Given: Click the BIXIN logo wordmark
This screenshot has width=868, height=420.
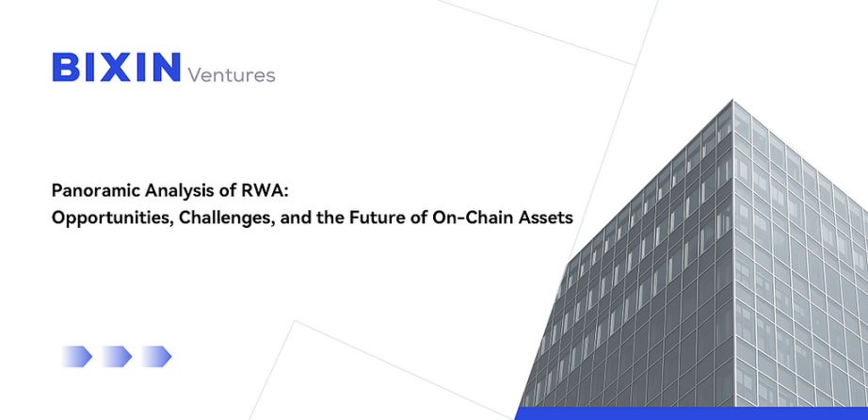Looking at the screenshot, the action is [116, 67].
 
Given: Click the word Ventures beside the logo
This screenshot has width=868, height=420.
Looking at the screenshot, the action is [232, 74].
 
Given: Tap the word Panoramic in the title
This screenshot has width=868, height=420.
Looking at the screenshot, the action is [96, 192].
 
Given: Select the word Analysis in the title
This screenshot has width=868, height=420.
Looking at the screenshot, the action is [181, 192].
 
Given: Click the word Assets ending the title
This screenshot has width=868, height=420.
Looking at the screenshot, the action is [545, 218].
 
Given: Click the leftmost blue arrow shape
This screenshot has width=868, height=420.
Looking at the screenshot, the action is [76, 356].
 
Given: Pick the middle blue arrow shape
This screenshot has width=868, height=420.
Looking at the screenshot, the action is [116, 356].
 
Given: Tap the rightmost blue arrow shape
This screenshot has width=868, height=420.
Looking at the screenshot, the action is [156, 356].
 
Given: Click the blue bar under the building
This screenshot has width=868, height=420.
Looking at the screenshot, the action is [691, 413].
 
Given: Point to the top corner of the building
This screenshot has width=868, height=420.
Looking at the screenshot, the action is [733, 100].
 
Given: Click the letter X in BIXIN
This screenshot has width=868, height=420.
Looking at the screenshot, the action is [114, 67].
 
